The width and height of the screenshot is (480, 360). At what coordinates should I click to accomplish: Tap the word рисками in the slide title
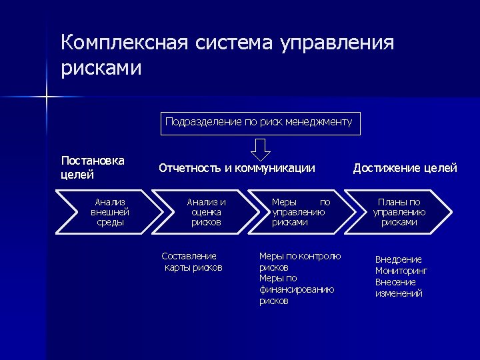101,68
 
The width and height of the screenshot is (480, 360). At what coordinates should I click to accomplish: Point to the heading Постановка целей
93,168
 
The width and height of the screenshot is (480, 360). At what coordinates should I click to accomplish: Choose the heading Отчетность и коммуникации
237,168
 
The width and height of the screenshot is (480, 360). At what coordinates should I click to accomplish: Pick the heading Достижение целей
405,168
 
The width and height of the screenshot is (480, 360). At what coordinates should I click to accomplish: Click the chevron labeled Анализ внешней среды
110,212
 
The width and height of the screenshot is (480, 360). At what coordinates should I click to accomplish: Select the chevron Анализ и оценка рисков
206,212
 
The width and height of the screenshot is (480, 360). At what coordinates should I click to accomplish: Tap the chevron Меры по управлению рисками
300,212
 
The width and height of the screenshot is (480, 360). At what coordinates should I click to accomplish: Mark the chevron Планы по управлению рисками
399,212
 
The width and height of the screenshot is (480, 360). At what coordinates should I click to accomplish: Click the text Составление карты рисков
192,262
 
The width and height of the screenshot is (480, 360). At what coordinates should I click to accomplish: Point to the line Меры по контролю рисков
299,261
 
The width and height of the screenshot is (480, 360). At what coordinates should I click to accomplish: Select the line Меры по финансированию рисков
297,289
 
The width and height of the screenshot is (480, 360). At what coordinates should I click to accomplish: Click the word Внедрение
398,259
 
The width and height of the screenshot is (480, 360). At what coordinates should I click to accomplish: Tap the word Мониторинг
401,271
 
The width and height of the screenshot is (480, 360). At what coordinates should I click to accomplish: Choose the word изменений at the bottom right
399,293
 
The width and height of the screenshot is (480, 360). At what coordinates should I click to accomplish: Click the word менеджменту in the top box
318,123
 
